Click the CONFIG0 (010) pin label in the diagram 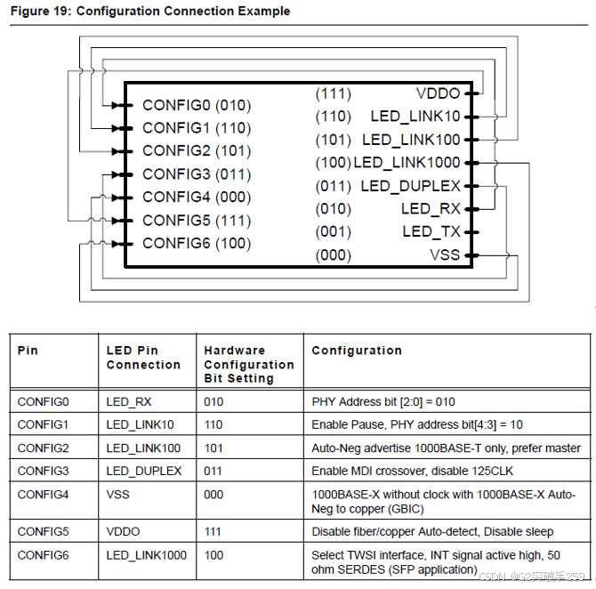(196, 105)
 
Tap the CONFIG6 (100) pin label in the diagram (196, 243)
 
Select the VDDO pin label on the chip (438, 93)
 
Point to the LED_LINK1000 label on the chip (407, 163)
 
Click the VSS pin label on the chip (445, 255)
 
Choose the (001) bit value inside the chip (333, 232)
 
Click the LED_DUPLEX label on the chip (410, 186)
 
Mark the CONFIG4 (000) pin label (196, 197)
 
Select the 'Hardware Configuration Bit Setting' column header (248, 364)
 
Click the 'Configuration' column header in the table (356, 351)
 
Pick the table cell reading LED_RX (129, 402)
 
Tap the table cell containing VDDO (124, 531)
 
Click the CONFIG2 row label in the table (43, 448)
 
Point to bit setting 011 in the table (213, 471)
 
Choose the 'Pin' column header (28, 351)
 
